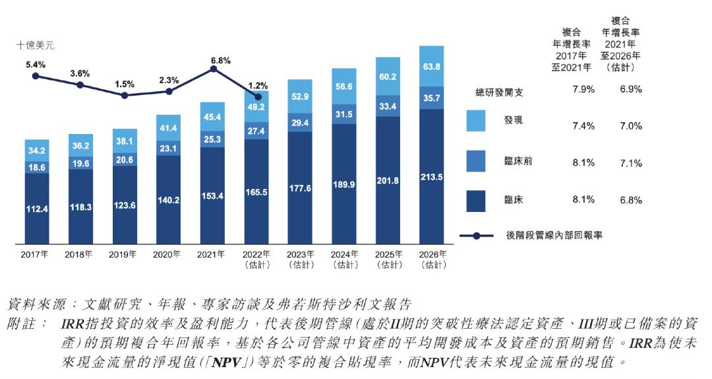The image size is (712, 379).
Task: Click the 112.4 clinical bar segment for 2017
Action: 36,209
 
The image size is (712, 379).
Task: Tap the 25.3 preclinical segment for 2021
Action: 212,139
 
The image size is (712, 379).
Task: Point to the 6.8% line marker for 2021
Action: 213,69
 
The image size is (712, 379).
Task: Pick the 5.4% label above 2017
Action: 36,65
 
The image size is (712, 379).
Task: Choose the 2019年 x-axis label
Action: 123,254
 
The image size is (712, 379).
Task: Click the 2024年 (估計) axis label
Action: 344,259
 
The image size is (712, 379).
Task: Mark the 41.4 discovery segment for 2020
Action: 168,127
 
